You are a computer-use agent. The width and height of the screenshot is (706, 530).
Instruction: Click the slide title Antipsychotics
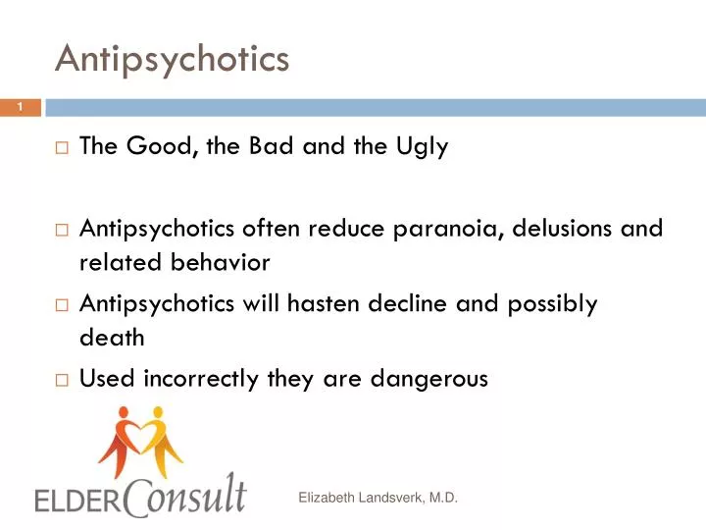point(173,59)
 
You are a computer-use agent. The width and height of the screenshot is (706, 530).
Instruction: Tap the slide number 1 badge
point(20,107)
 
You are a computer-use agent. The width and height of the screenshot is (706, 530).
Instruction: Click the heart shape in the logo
point(140,428)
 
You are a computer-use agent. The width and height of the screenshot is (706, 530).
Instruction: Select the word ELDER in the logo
point(75,501)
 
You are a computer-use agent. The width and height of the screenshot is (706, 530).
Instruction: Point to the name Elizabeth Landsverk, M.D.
point(378,499)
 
